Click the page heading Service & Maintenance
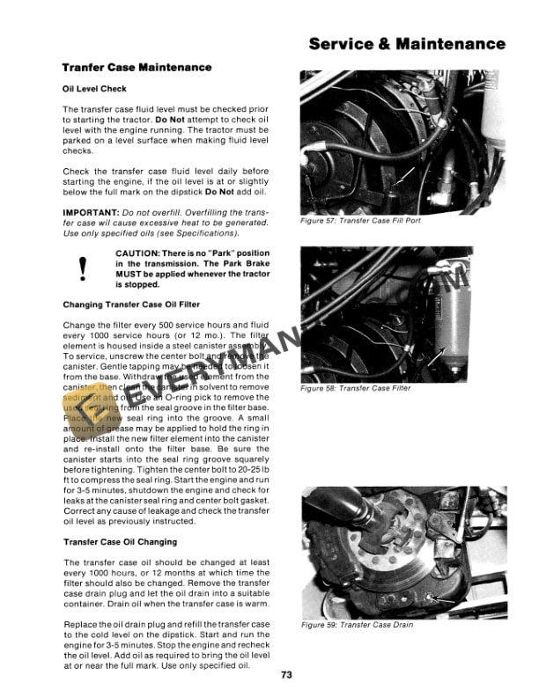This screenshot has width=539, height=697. coord(407,43)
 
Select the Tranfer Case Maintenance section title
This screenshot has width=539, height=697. coord(137,68)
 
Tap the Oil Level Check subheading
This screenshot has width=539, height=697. coord(94,89)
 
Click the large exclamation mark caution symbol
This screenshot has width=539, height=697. coord(83,268)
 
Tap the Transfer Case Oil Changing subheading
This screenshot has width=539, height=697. coord(120,542)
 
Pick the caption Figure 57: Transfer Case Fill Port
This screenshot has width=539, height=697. coord(360,221)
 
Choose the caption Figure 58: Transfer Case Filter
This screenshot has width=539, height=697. coord(355,388)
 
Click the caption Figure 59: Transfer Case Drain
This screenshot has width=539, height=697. coord(357,625)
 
